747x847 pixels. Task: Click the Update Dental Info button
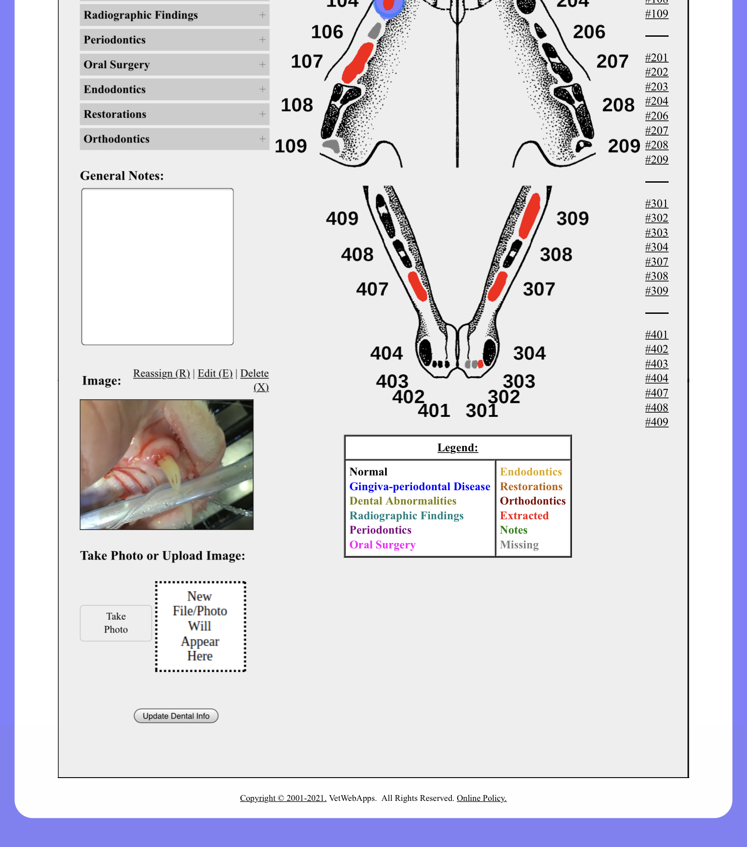point(176,716)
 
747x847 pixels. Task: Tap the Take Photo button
point(116,623)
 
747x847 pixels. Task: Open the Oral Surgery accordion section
point(174,64)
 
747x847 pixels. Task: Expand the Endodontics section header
point(174,90)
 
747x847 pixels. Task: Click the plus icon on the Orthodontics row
point(262,139)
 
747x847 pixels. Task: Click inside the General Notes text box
point(157,266)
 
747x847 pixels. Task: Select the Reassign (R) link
point(161,373)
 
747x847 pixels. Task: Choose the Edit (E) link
point(215,373)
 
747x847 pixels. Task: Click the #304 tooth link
point(656,247)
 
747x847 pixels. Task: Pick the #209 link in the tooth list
point(656,160)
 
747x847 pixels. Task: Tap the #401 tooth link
point(656,335)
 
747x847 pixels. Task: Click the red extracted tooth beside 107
point(358,63)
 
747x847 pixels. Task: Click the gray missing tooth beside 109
point(332,146)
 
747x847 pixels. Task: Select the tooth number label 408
point(357,254)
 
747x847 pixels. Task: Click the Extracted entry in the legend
point(524,516)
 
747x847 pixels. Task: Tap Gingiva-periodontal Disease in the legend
point(420,487)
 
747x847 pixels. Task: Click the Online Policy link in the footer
point(481,798)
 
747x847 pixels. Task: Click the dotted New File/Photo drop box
point(200,626)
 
